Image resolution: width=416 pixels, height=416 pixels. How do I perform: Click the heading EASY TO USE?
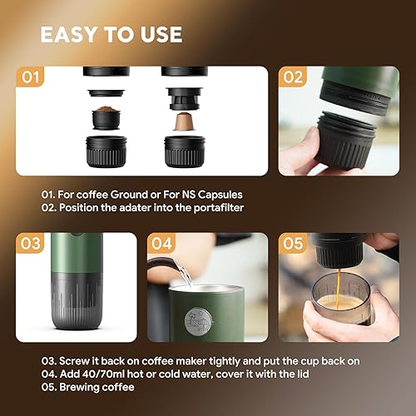point(111,35)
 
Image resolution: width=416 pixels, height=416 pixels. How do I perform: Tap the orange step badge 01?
point(32,79)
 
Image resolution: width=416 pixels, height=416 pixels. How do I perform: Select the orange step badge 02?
point(293,79)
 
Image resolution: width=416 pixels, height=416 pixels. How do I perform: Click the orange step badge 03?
point(32,245)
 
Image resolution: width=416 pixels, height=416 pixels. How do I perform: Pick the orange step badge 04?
point(163,245)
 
